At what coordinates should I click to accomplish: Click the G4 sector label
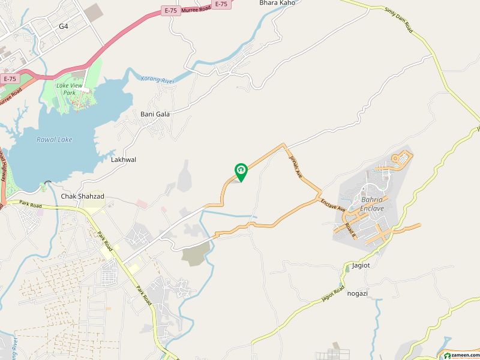pos(64,26)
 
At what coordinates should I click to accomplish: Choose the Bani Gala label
pos(155,113)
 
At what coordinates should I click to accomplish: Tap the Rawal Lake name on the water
pos(54,139)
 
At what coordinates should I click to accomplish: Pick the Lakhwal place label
pos(124,160)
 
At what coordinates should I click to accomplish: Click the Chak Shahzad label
pos(82,196)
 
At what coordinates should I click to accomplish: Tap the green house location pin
pos(241,172)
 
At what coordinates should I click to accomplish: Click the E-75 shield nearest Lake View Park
pos(10,79)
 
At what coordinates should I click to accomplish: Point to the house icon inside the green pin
pos(241,170)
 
